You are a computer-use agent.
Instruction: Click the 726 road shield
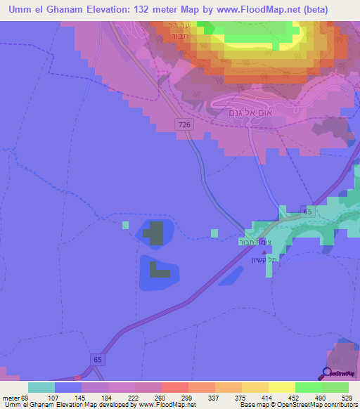[185, 124]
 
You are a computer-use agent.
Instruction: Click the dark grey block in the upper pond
[155, 232]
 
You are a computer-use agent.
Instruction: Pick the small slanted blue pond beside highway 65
[231, 276]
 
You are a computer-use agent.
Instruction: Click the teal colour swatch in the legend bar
[41, 387]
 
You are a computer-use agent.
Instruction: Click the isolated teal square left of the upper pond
[125, 225]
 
